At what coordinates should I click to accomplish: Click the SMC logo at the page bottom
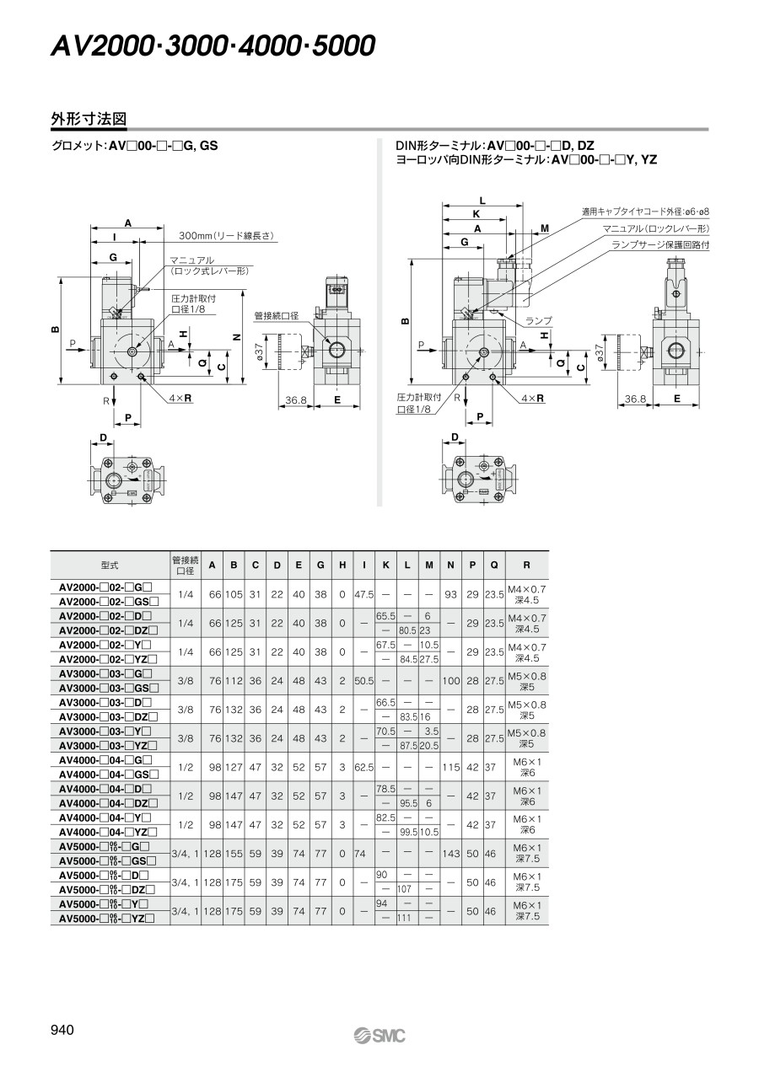point(379,1036)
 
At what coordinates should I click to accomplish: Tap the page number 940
point(62,1029)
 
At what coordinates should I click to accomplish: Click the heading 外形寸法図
point(89,119)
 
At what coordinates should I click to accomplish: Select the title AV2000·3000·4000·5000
point(213,46)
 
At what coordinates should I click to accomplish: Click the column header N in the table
point(450,565)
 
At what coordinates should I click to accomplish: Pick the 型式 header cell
point(110,565)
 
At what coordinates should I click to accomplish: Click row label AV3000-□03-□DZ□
point(108,717)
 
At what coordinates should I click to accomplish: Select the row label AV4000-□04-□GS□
point(109,775)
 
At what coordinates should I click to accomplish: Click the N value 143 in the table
point(450,854)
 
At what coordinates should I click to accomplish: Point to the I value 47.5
point(364,594)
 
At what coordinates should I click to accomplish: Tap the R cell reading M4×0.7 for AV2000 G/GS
point(527,594)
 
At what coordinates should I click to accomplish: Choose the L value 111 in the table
point(405,918)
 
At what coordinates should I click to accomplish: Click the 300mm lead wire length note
point(227,235)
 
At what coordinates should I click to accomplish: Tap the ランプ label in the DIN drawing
point(539,320)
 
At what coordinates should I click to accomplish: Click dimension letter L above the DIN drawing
point(482,201)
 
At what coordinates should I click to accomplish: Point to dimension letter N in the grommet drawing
point(236,336)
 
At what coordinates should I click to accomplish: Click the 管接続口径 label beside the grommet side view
point(277,316)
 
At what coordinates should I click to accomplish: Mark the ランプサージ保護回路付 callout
point(660,244)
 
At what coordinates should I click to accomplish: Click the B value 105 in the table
point(234,594)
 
